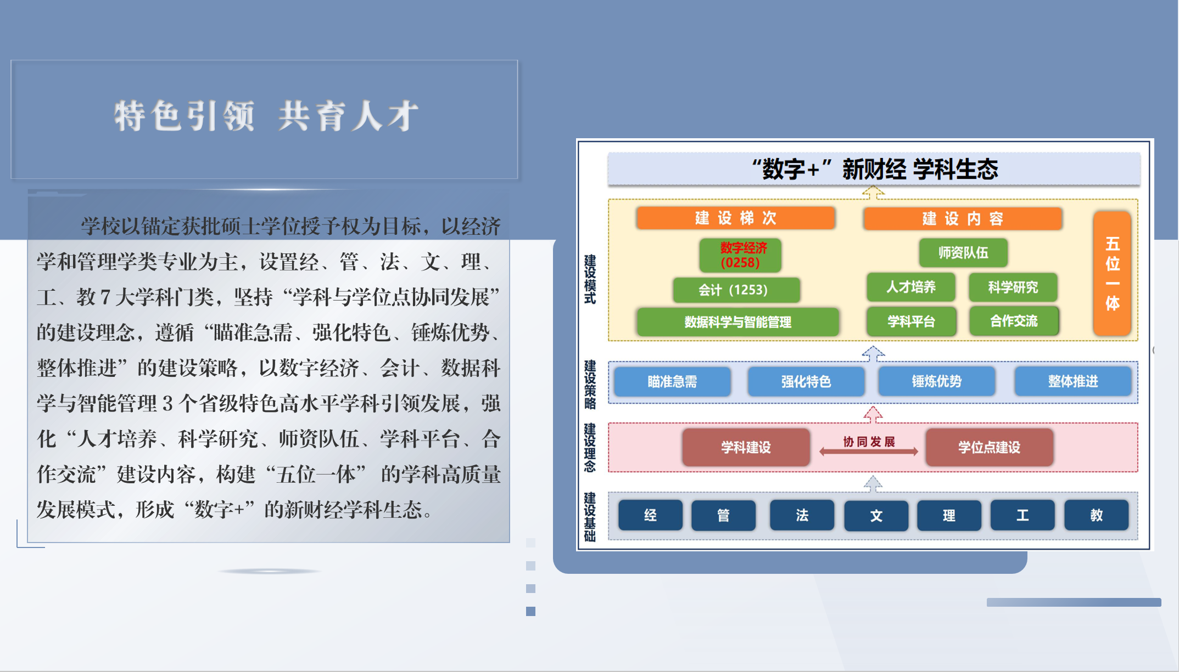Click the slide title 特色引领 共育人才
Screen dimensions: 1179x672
266,116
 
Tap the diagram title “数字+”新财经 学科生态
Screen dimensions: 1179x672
874,169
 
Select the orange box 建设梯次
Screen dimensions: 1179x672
735,218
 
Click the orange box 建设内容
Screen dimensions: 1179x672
962,219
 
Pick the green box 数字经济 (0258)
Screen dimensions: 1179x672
740,255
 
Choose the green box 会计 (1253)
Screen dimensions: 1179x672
736,290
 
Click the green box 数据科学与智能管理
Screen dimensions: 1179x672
737,322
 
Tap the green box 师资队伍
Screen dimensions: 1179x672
963,252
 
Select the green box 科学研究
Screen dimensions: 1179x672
1013,287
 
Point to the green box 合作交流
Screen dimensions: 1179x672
1014,321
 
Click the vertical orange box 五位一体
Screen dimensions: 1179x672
1112,273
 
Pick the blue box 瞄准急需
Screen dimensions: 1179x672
672,381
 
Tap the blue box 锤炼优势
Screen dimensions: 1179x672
937,381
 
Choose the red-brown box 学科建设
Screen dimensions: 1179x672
746,447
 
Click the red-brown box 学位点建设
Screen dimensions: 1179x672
989,447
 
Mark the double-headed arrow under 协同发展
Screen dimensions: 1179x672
869,451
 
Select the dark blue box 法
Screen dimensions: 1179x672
802,515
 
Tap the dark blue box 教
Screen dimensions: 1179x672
1096,515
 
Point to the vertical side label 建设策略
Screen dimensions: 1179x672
590,385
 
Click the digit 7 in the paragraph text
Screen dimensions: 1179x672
105,297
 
